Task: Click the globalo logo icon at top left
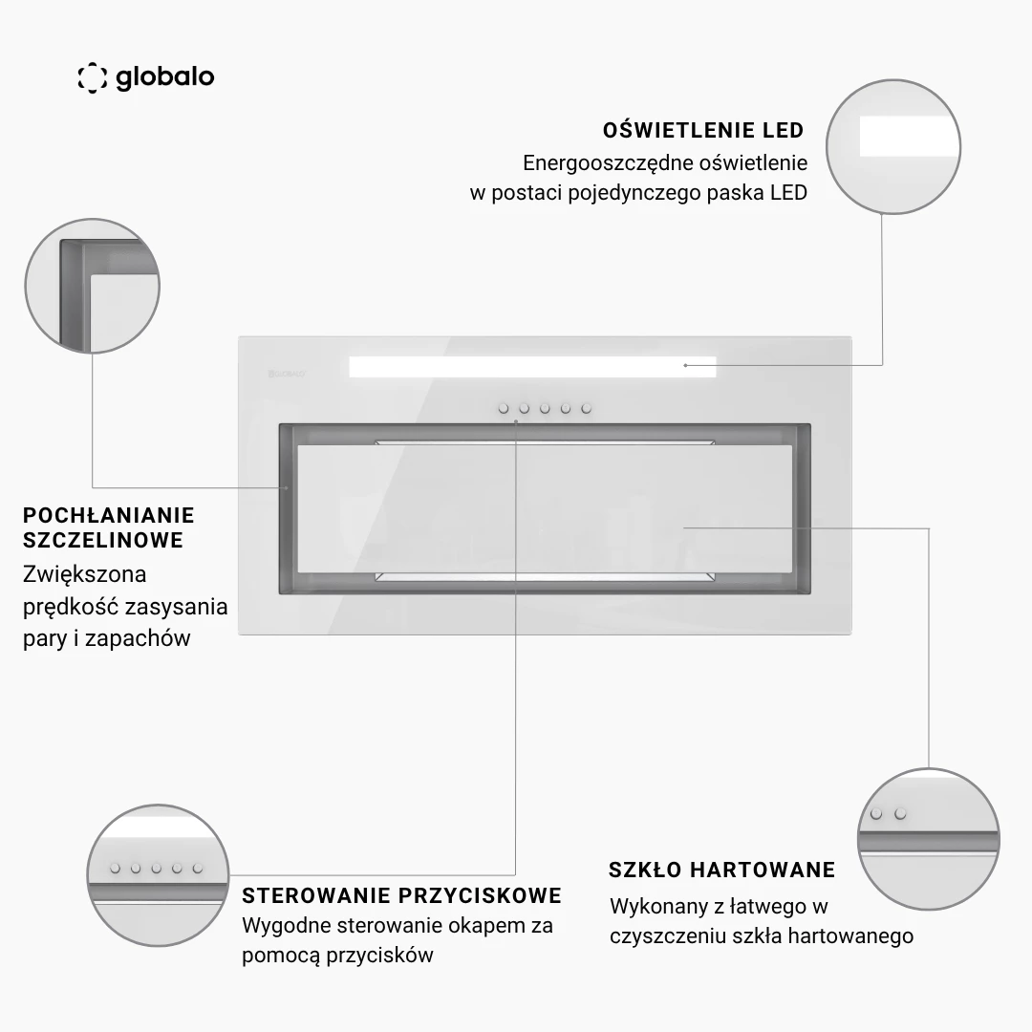coord(92,77)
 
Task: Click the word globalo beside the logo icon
coord(165,77)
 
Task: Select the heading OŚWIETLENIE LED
coord(703,130)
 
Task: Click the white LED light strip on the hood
coord(532,367)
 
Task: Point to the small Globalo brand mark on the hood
coord(287,374)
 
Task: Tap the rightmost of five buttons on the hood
coord(587,409)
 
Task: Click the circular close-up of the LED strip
coord(893,147)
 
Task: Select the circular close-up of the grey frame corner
coord(92,286)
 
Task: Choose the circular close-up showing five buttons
coord(158,874)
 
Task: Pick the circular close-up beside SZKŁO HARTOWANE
coord(929,839)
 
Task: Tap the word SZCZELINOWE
coord(103,540)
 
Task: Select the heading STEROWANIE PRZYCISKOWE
coord(401,895)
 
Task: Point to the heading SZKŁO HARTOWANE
coord(721,871)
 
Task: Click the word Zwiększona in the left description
coord(85,574)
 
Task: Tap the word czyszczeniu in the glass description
coord(663,935)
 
